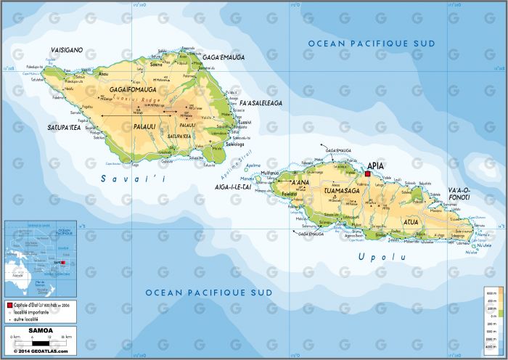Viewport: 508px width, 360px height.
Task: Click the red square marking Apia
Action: (368, 174)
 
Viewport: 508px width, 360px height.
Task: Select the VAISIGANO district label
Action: (66, 50)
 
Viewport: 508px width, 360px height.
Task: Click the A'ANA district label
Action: (300, 183)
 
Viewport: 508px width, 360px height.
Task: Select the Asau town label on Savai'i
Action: (103, 73)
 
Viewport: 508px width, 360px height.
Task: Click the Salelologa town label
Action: (236, 144)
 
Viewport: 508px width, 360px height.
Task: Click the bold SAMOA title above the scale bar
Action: (40, 330)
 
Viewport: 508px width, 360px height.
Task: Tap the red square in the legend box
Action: (9, 306)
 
